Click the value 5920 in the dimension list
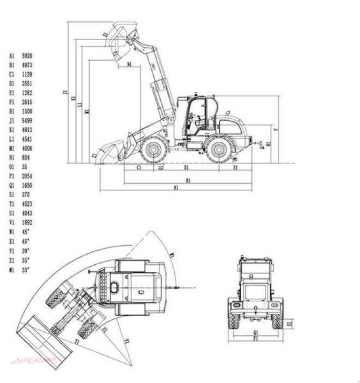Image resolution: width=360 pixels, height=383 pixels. click(x=27, y=56)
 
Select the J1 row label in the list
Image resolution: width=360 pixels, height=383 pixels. click(x=11, y=120)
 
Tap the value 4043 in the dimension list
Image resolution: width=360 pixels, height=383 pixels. click(x=27, y=213)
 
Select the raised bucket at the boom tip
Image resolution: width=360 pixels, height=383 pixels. click(x=121, y=42)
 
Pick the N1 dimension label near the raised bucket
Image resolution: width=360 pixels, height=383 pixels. click(x=130, y=64)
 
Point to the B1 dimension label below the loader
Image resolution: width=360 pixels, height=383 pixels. click(x=188, y=180)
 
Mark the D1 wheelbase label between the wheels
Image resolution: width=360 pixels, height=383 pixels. click(x=187, y=168)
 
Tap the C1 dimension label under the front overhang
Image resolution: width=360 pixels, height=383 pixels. click(x=138, y=168)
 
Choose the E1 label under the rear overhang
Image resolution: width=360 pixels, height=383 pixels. click(x=236, y=168)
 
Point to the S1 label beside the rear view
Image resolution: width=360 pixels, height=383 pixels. click(x=289, y=324)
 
